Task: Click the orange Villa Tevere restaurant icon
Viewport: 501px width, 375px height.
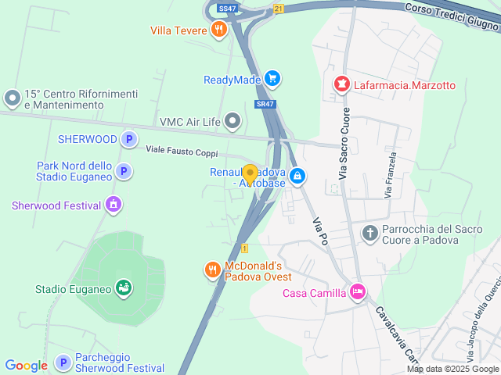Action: pyautogui.click(x=218, y=30)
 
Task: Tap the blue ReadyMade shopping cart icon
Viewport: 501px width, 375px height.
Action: pyautogui.click(x=272, y=78)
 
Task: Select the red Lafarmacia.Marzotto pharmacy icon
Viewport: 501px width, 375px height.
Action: pyautogui.click(x=341, y=84)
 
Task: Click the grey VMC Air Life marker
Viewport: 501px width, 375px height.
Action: pyautogui.click(x=232, y=120)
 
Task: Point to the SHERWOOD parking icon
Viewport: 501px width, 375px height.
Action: pyautogui.click(x=129, y=140)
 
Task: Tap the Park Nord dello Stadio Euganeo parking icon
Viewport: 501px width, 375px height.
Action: pyautogui.click(x=123, y=171)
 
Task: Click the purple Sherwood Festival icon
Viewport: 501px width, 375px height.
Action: pyautogui.click(x=114, y=205)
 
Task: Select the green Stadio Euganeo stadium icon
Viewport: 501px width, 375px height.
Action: pyautogui.click(x=123, y=288)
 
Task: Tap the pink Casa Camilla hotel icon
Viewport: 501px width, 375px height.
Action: pyautogui.click(x=357, y=292)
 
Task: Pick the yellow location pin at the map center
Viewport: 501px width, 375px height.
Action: pyautogui.click(x=250, y=174)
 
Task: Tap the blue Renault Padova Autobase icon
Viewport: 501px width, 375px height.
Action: pyautogui.click(x=297, y=177)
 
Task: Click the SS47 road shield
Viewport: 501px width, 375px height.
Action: pyautogui.click(x=227, y=9)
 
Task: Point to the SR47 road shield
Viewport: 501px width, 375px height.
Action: pyautogui.click(x=265, y=104)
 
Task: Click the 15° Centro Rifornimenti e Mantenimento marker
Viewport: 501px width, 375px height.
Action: pyautogui.click(x=12, y=98)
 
